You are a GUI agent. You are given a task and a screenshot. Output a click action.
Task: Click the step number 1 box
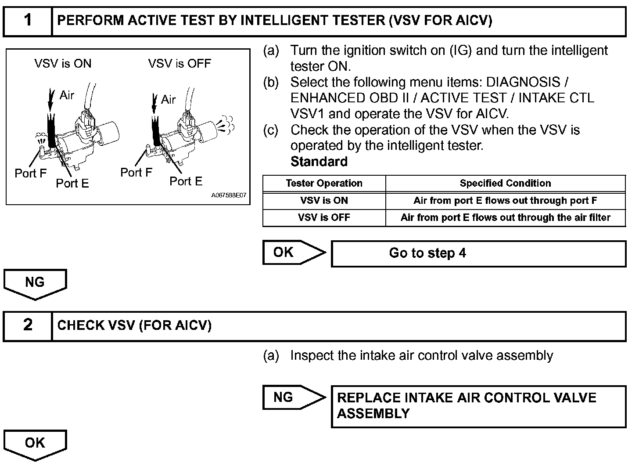pyautogui.click(x=28, y=21)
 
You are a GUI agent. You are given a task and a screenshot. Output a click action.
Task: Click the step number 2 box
pyautogui.click(x=28, y=325)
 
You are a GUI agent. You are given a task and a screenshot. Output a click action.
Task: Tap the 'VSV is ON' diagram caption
pyautogui.click(x=63, y=64)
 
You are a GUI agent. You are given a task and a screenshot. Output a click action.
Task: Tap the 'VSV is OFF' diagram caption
pyautogui.click(x=179, y=64)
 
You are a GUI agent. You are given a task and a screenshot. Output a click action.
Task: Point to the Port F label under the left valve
pyautogui.click(x=30, y=173)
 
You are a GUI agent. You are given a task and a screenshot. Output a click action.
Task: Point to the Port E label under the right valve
pyautogui.click(x=186, y=181)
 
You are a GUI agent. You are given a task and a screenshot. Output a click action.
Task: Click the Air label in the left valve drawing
pyautogui.click(x=67, y=95)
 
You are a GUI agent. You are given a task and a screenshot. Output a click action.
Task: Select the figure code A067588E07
pyautogui.click(x=229, y=195)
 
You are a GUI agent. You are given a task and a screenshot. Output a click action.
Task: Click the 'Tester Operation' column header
pyautogui.click(x=324, y=183)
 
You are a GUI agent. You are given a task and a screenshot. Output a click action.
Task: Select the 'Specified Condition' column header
pyautogui.click(x=505, y=183)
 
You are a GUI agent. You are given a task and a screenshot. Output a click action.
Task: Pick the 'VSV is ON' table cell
pyautogui.click(x=324, y=200)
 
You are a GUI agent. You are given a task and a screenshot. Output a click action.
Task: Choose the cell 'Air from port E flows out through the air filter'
pyautogui.click(x=505, y=217)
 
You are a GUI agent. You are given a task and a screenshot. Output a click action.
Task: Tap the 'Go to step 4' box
pyautogui.click(x=478, y=253)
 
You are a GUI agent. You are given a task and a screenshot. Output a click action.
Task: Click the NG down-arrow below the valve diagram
pyautogui.click(x=35, y=283)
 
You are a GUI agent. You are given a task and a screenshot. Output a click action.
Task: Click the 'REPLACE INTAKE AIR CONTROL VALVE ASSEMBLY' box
pyautogui.click(x=478, y=406)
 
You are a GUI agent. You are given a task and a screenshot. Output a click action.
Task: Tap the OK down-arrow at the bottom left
pyautogui.click(x=35, y=444)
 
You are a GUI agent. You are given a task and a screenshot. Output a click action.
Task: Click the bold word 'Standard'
pyautogui.click(x=319, y=162)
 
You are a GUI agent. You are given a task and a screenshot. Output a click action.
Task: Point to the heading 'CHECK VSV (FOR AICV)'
pyautogui.click(x=134, y=325)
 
